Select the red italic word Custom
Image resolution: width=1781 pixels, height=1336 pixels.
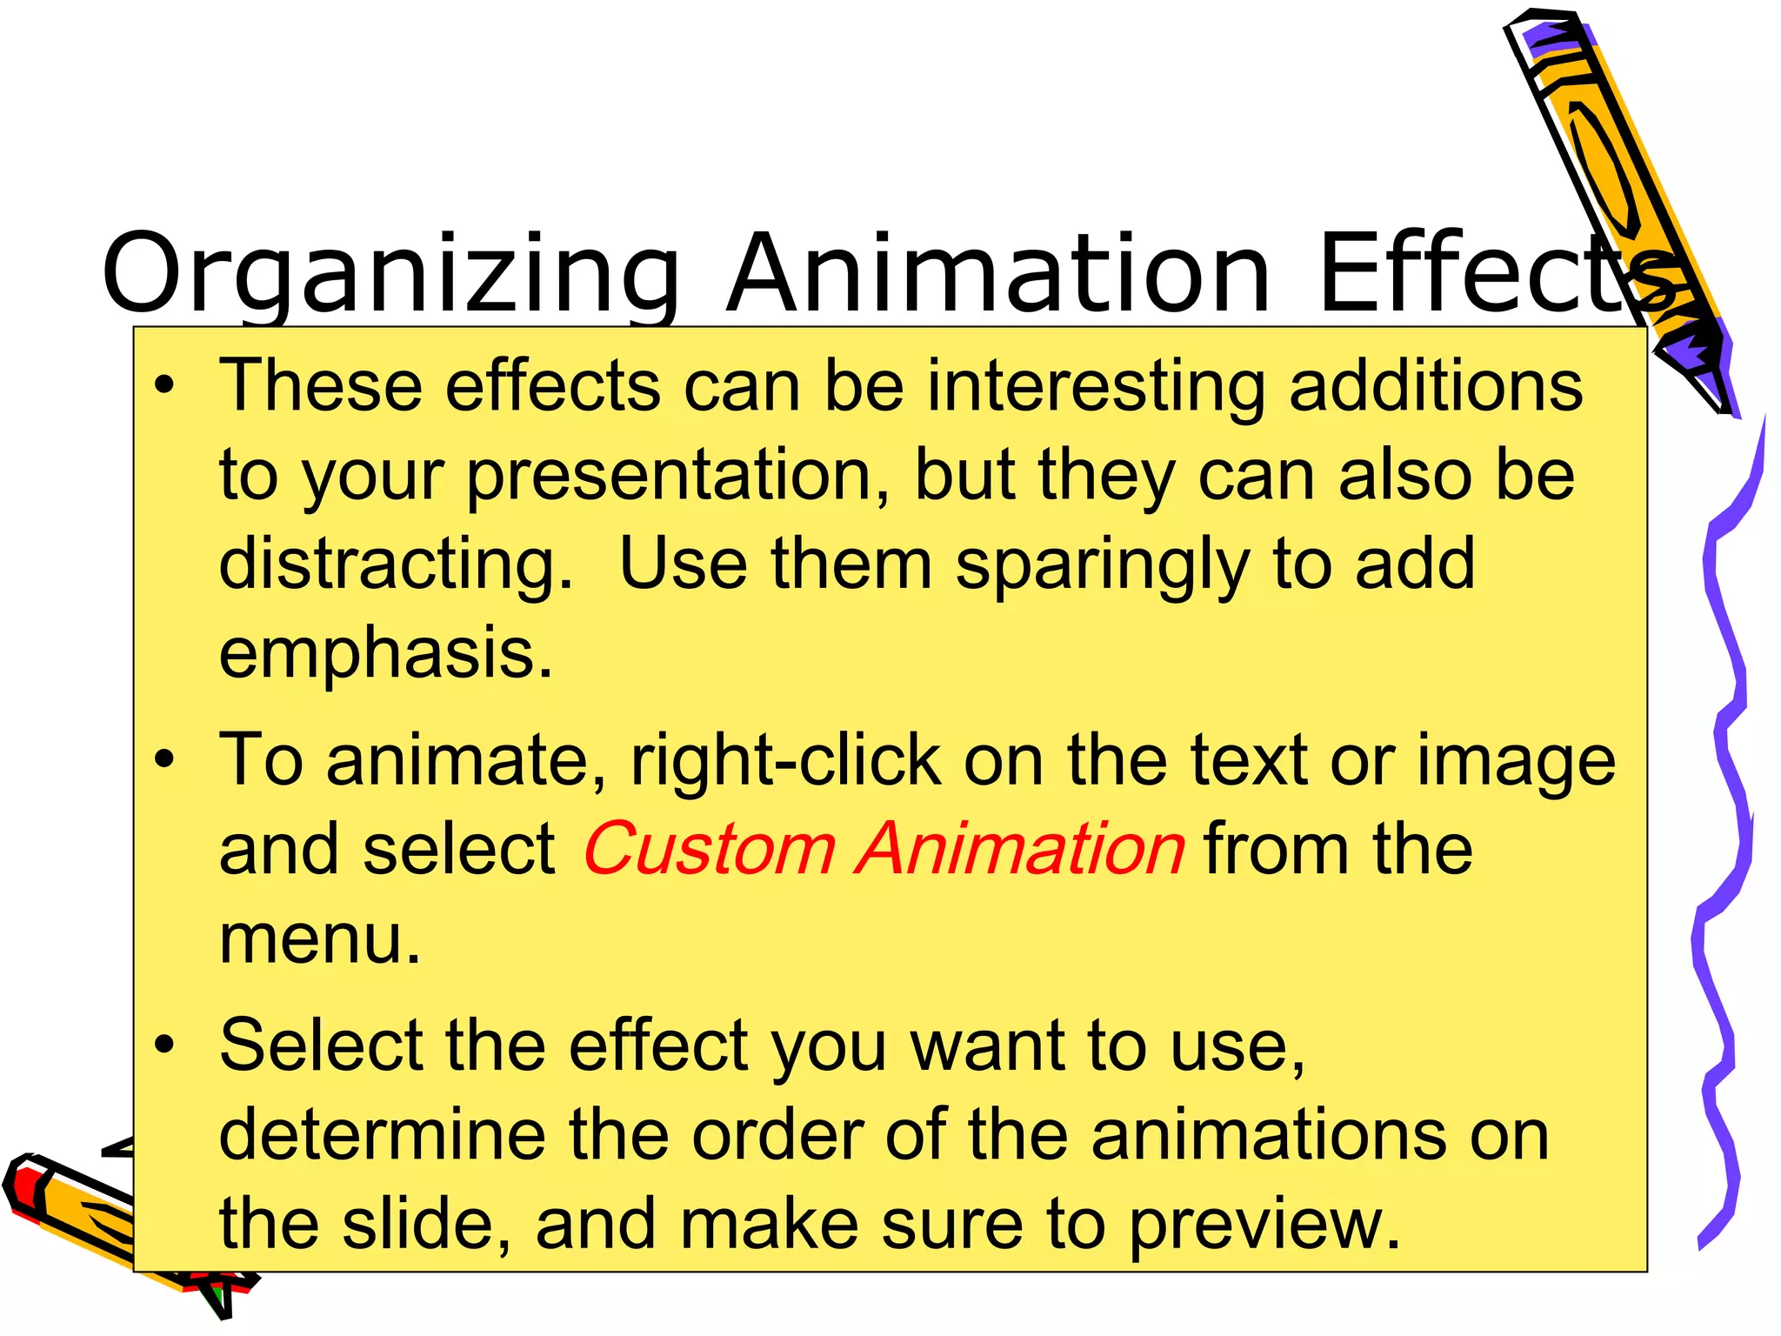pyautogui.click(x=709, y=849)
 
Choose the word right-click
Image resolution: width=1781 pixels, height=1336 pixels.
pyautogui.click(x=785, y=760)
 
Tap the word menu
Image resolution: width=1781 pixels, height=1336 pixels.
pyautogui.click(x=319, y=939)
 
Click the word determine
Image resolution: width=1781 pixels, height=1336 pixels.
pyautogui.click(x=383, y=1135)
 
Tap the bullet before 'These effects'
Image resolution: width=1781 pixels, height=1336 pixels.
pyautogui.click(x=164, y=385)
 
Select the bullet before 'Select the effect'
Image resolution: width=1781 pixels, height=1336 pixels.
pyautogui.click(x=164, y=1045)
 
